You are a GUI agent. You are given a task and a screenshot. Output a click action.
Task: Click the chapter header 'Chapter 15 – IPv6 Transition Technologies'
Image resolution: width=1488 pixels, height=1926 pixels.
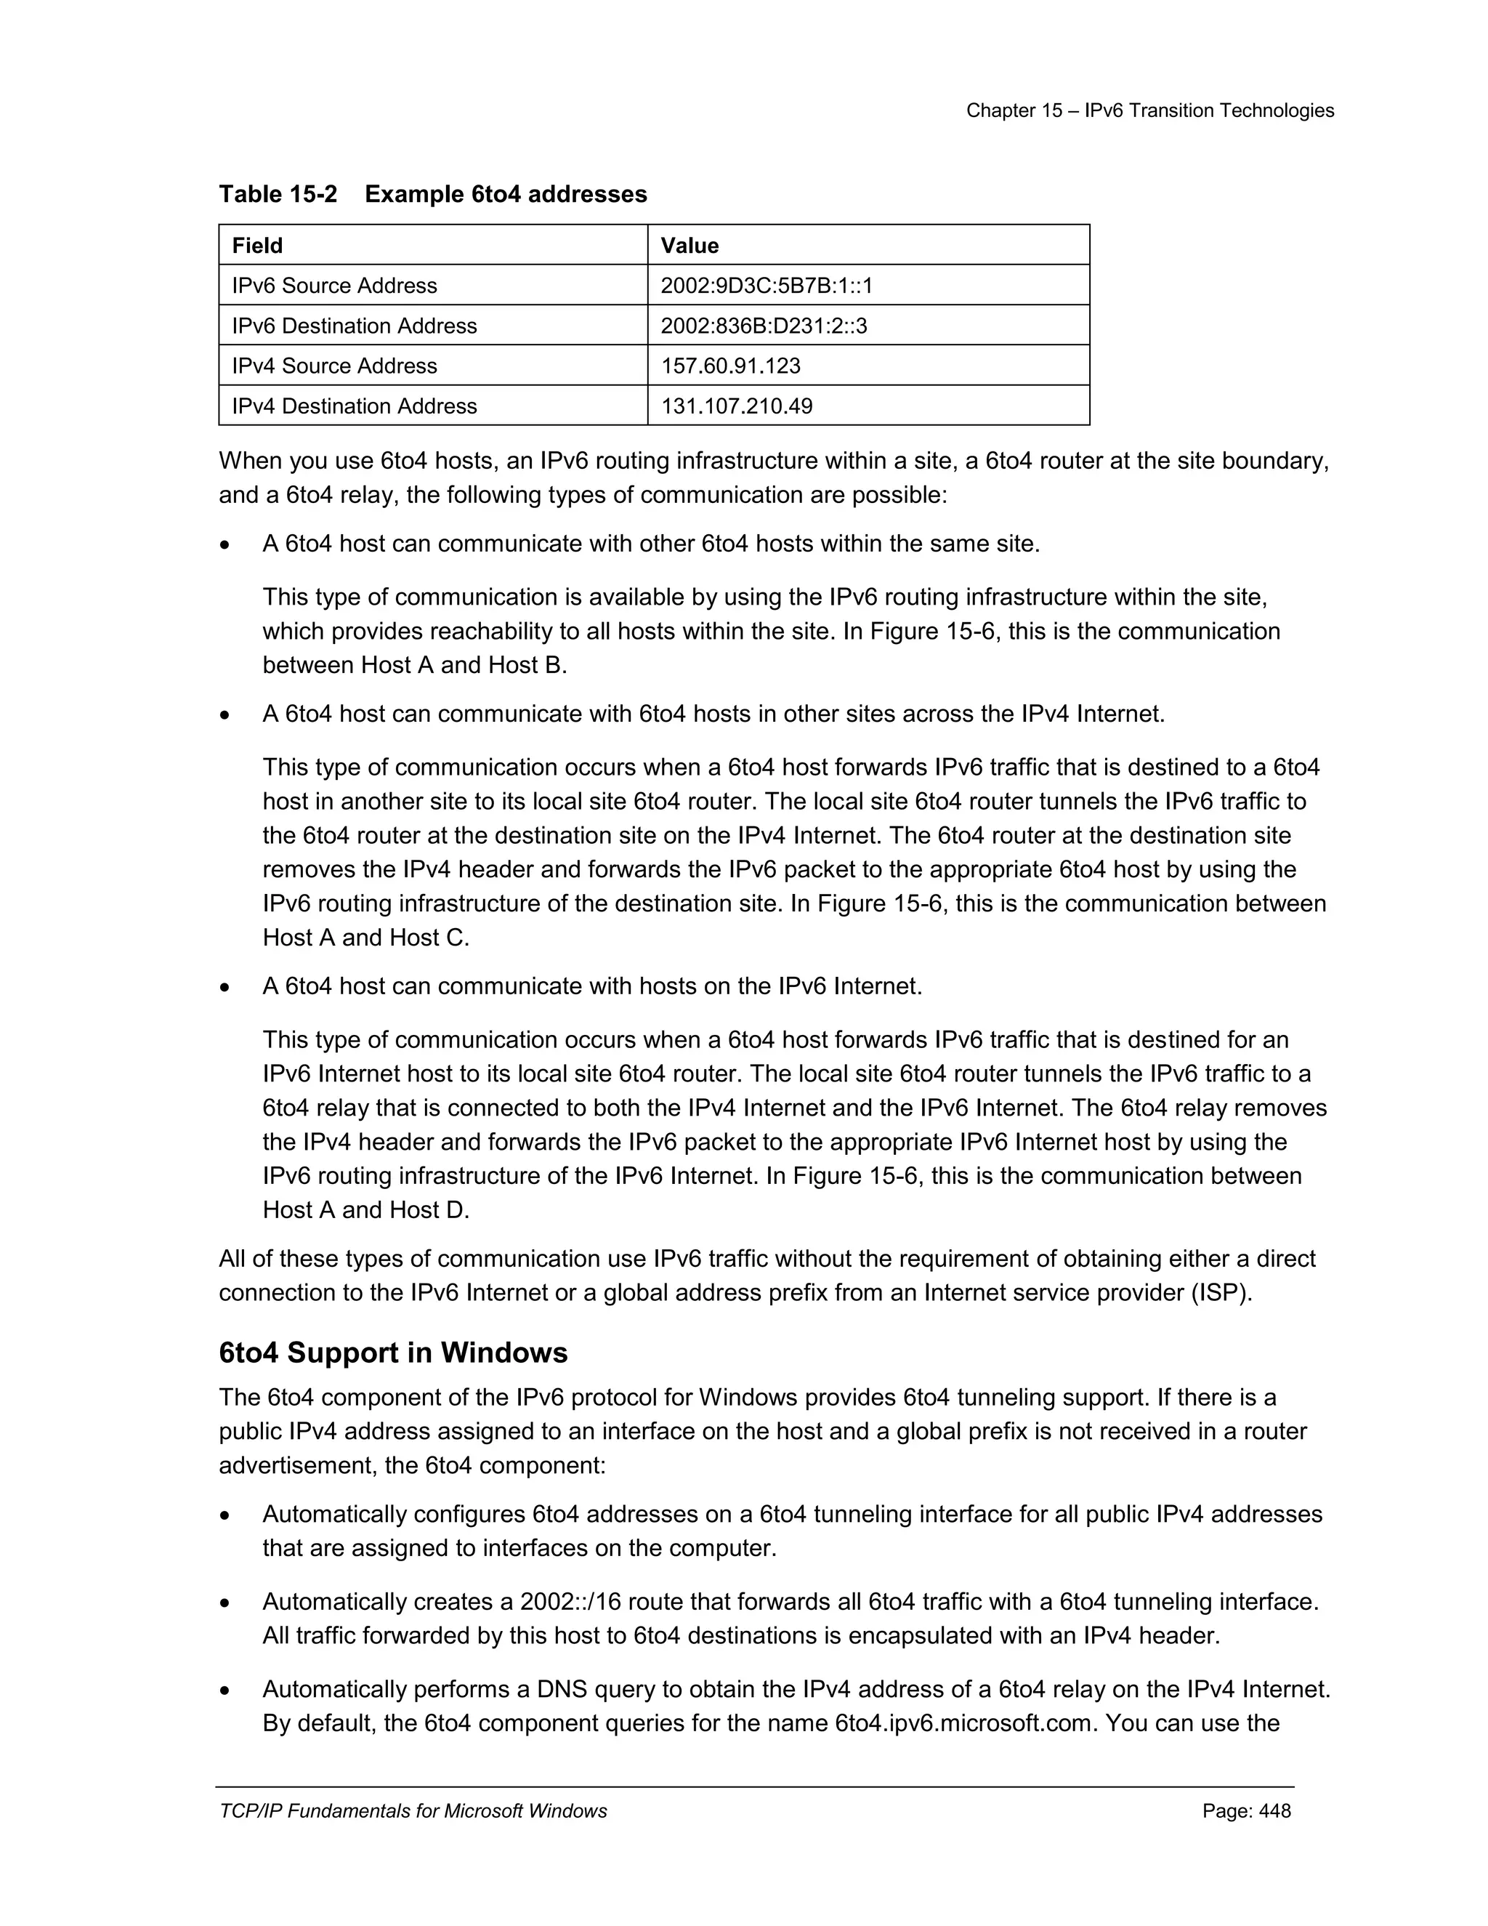pos(1149,110)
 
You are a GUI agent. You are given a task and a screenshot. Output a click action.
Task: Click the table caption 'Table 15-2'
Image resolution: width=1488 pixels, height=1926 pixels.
pos(278,194)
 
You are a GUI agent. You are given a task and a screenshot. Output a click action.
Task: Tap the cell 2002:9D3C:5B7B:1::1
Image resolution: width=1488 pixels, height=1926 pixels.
pos(766,286)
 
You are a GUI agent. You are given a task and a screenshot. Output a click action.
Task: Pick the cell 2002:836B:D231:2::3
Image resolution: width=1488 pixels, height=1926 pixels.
pos(764,326)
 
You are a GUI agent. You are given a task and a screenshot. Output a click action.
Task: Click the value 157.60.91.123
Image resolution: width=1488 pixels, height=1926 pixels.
pos(731,366)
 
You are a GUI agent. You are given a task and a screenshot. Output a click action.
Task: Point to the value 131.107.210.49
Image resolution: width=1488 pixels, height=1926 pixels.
pos(736,406)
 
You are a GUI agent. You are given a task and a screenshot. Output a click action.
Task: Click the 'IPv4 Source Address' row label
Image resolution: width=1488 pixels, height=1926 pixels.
pos(334,366)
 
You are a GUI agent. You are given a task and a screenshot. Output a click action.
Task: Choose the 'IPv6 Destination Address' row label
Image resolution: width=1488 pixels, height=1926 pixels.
pos(355,326)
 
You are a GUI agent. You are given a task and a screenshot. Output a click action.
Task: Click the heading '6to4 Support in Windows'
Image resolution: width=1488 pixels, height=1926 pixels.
pos(393,1353)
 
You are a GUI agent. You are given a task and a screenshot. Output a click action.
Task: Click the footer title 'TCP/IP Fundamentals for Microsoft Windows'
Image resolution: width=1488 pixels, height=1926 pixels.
pos(413,1811)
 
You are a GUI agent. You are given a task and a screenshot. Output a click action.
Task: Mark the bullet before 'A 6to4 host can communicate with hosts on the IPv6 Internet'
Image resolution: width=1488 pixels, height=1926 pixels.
pos(226,988)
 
